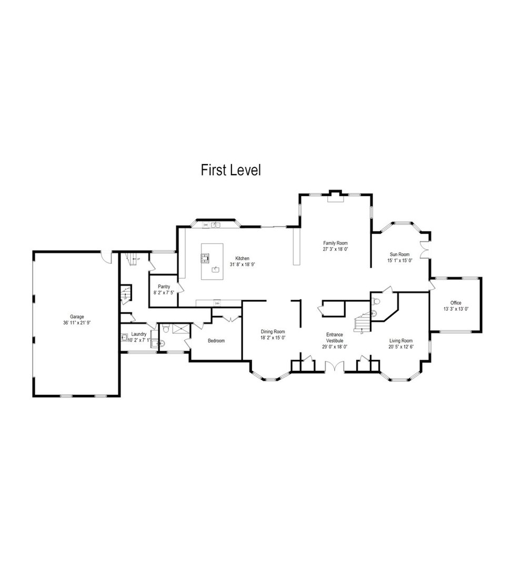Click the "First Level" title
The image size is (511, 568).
click(x=231, y=170)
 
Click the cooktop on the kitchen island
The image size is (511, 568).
click(x=204, y=258)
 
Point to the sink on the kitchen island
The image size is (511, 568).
click(x=215, y=269)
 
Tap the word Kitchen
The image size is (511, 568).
click(x=242, y=258)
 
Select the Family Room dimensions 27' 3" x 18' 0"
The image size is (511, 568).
click(x=335, y=249)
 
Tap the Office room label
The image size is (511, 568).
click(x=455, y=303)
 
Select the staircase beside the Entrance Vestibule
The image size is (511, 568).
click(x=362, y=322)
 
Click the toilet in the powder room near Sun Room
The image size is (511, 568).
click(x=375, y=302)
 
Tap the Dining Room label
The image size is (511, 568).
click(x=273, y=331)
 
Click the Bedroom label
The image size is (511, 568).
click(x=216, y=341)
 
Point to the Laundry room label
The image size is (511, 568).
click(x=139, y=334)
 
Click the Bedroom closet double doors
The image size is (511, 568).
click(x=226, y=317)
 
